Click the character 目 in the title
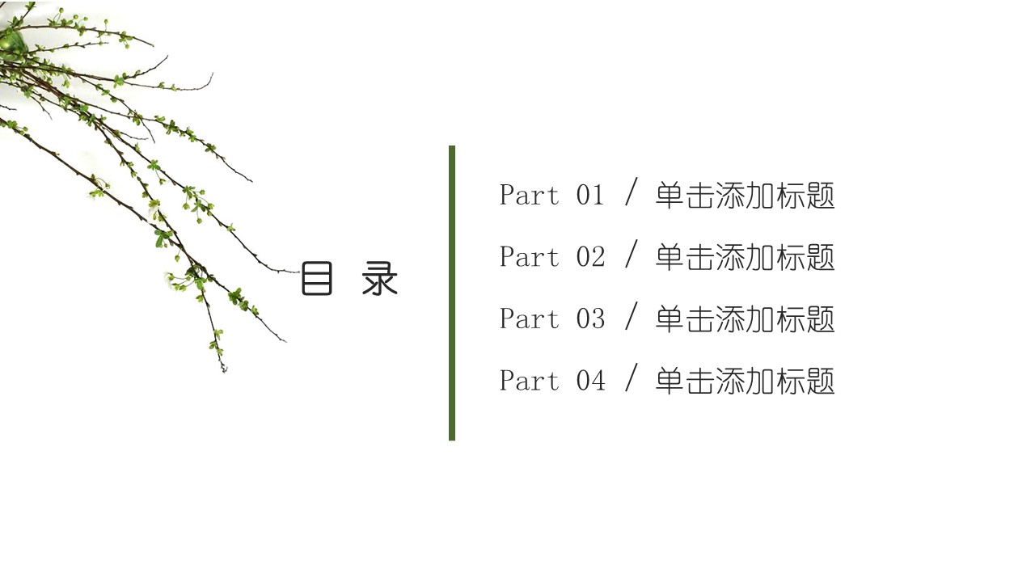[316, 278]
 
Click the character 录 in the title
[379, 278]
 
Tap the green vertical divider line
[452, 293]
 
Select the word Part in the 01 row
[530, 195]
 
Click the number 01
[590, 195]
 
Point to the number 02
[590, 257]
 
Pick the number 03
[590, 318]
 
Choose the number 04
[590, 381]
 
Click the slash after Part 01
[632, 192]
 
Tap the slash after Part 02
[632, 254]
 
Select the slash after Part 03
[632, 316]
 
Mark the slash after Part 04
[632, 377]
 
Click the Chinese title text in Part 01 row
[745, 196]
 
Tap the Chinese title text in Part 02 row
[745, 257]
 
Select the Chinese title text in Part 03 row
[745, 319]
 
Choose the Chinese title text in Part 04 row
[745, 382]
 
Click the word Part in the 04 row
[530, 381]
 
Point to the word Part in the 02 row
[530, 257]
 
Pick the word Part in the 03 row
[530, 318]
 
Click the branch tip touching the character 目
[299, 272]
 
